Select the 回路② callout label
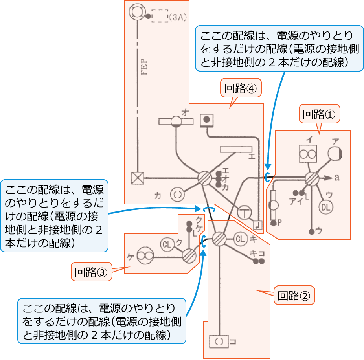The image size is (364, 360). (294, 295)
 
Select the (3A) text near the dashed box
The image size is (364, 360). (177, 17)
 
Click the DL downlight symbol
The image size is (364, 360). (325, 207)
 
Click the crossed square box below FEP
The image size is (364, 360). (137, 178)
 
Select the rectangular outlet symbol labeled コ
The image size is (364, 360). (219, 342)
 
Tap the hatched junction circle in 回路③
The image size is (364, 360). (189, 256)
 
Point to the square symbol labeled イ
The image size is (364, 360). (307, 154)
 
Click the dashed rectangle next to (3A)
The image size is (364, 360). (160, 16)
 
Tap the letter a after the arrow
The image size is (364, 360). (337, 178)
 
